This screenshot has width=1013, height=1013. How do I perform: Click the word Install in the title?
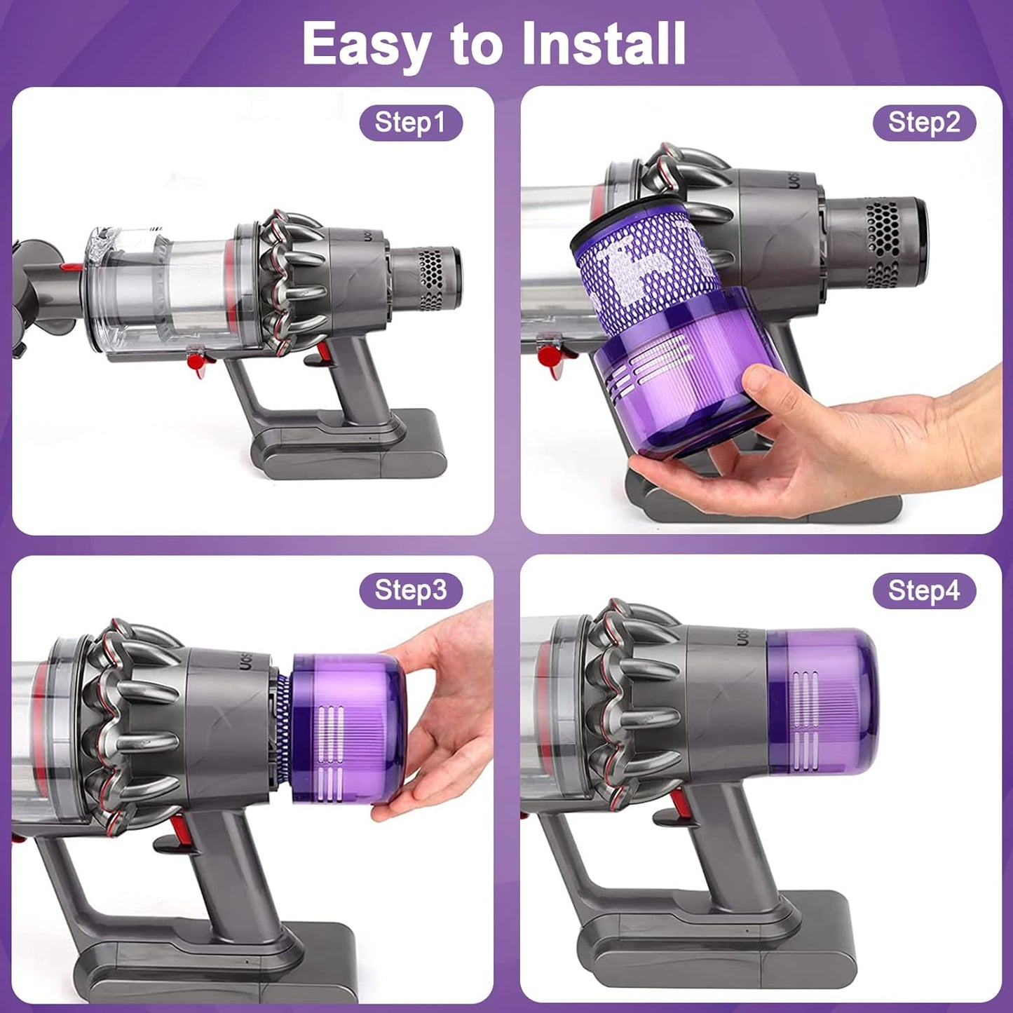pos(604,43)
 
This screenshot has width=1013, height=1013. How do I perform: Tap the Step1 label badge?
pos(410,123)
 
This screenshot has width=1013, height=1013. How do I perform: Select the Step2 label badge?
pos(923,123)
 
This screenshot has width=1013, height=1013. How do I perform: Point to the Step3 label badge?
pos(410,590)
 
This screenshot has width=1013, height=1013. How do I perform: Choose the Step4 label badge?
pos(923,590)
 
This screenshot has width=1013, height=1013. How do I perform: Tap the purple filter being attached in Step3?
pos(344,729)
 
